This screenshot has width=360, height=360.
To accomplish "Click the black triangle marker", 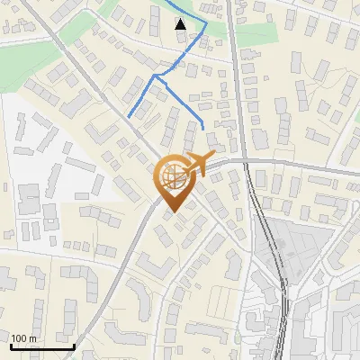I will pyautogui.click(x=181, y=23).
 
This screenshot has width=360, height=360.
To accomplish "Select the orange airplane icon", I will pyautogui.click(x=197, y=165).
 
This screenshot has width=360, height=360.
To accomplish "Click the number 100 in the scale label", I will pyautogui.click(x=20, y=338).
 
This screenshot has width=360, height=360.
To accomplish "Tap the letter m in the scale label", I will pyautogui.click(x=32, y=338).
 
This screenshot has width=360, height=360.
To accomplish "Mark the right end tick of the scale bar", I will pyautogui.click(x=74, y=346).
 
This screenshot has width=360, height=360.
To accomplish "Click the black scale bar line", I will pyautogui.click(x=40, y=347).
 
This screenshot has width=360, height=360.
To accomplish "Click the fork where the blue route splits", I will pyautogui.click(x=156, y=76).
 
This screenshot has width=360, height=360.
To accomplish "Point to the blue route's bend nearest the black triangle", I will pyautogui.click(x=205, y=24).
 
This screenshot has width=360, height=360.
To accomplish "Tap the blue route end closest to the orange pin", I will pyautogui.click(x=203, y=128).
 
